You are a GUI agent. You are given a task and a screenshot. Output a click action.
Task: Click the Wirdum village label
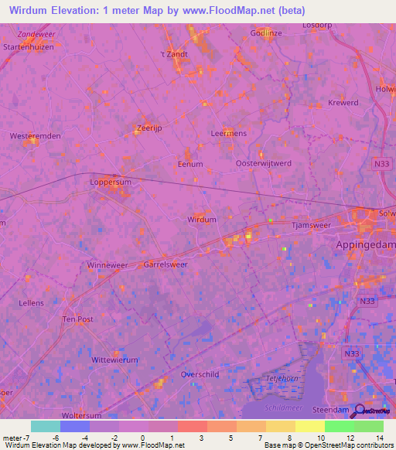203,220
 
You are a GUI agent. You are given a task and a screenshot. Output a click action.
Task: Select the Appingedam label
366,244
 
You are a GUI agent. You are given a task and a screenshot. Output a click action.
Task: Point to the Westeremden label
35,136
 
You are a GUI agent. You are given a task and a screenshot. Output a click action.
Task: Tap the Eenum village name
190,164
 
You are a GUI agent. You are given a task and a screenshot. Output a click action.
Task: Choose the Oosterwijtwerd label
263,163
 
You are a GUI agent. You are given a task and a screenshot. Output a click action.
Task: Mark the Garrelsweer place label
166,264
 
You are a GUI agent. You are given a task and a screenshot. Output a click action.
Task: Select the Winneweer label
108,265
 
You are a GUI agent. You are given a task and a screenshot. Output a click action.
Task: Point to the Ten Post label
77,319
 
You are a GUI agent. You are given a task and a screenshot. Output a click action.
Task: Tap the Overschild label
199,374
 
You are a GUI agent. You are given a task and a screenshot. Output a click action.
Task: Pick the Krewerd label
343,103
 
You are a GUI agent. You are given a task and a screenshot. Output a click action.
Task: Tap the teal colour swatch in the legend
46,426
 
